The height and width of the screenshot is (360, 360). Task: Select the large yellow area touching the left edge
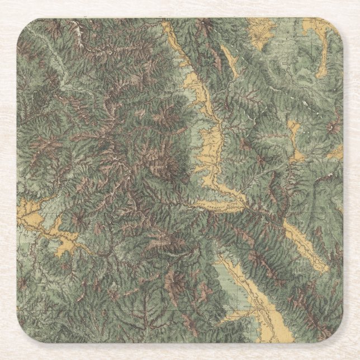(31, 215)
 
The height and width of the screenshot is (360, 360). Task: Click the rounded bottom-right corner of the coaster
(336, 336)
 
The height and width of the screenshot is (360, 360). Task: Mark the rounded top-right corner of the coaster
(336, 25)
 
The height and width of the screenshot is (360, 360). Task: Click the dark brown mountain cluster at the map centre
(162, 157)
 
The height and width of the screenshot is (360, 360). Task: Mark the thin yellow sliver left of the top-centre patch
(229, 56)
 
